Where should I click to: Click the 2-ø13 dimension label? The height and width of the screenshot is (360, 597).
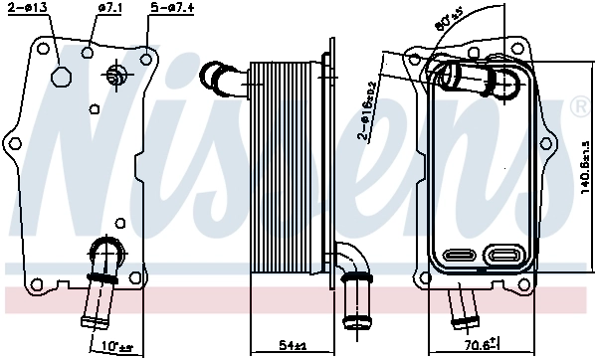26,8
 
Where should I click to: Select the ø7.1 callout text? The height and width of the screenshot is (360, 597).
109,8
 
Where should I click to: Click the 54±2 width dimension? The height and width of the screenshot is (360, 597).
291,346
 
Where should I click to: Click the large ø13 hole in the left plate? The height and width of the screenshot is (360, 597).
60,79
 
